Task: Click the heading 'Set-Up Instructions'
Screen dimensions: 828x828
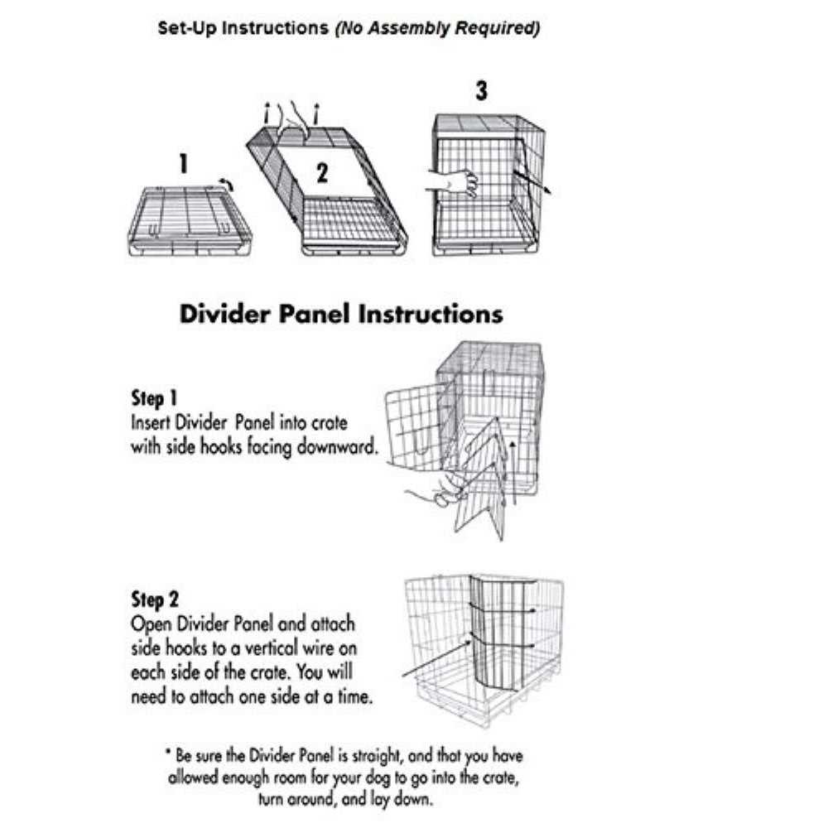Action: point(243,28)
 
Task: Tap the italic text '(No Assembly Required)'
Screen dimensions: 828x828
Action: point(436,28)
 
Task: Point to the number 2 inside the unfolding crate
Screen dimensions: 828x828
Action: point(322,172)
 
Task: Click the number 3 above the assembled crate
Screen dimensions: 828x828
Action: point(482,91)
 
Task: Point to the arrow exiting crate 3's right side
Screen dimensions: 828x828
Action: point(531,181)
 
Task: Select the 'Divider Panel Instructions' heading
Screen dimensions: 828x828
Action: point(341,315)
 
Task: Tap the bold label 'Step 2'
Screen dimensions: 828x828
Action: point(154,599)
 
